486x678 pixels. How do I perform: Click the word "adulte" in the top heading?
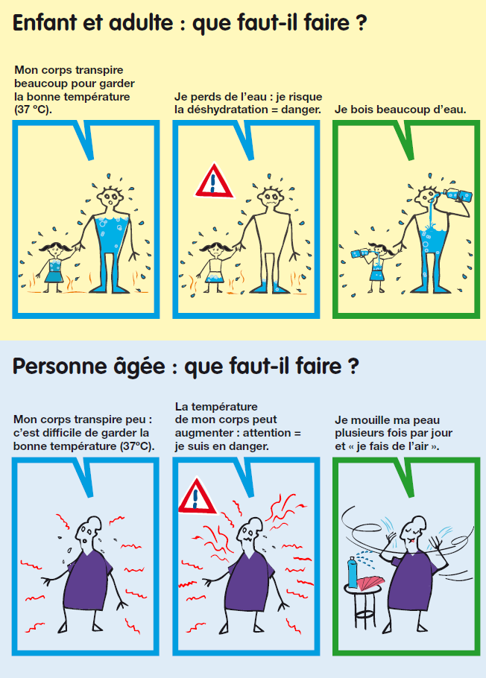click(x=141, y=22)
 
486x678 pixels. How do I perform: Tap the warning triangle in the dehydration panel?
click(x=214, y=181)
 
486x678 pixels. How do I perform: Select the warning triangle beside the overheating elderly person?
click(x=197, y=496)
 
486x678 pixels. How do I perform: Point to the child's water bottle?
click(x=361, y=254)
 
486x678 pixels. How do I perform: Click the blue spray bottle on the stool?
click(x=353, y=571)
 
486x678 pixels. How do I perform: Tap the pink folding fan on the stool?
click(x=369, y=583)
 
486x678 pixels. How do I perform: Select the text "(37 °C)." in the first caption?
click(x=34, y=110)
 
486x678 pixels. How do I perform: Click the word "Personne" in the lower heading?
click(x=52, y=367)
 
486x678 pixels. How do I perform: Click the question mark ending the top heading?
click(x=362, y=23)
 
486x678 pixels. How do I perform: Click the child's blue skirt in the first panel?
click(x=54, y=276)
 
